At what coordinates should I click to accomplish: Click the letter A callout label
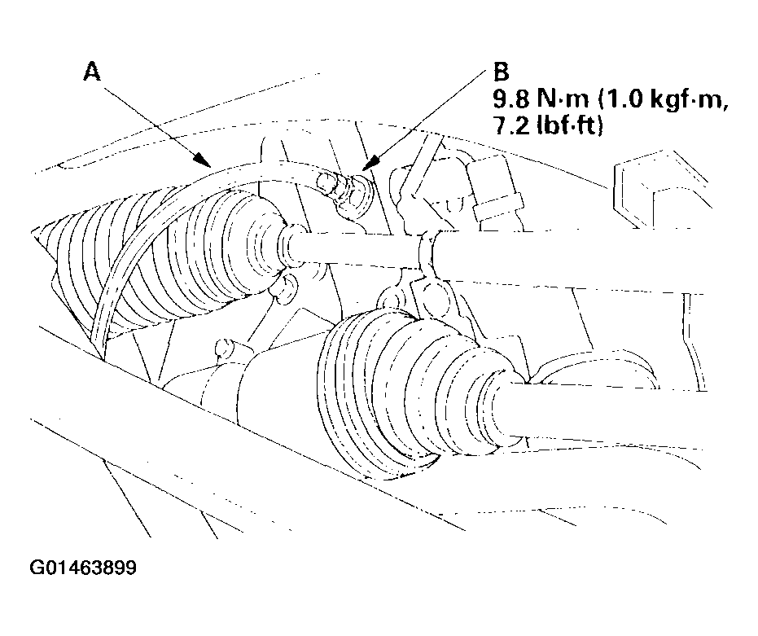coord(92,72)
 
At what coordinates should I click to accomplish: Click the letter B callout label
coord(502,72)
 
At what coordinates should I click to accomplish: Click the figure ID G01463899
coord(83,568)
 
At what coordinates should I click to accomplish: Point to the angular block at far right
coord(659,194)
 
